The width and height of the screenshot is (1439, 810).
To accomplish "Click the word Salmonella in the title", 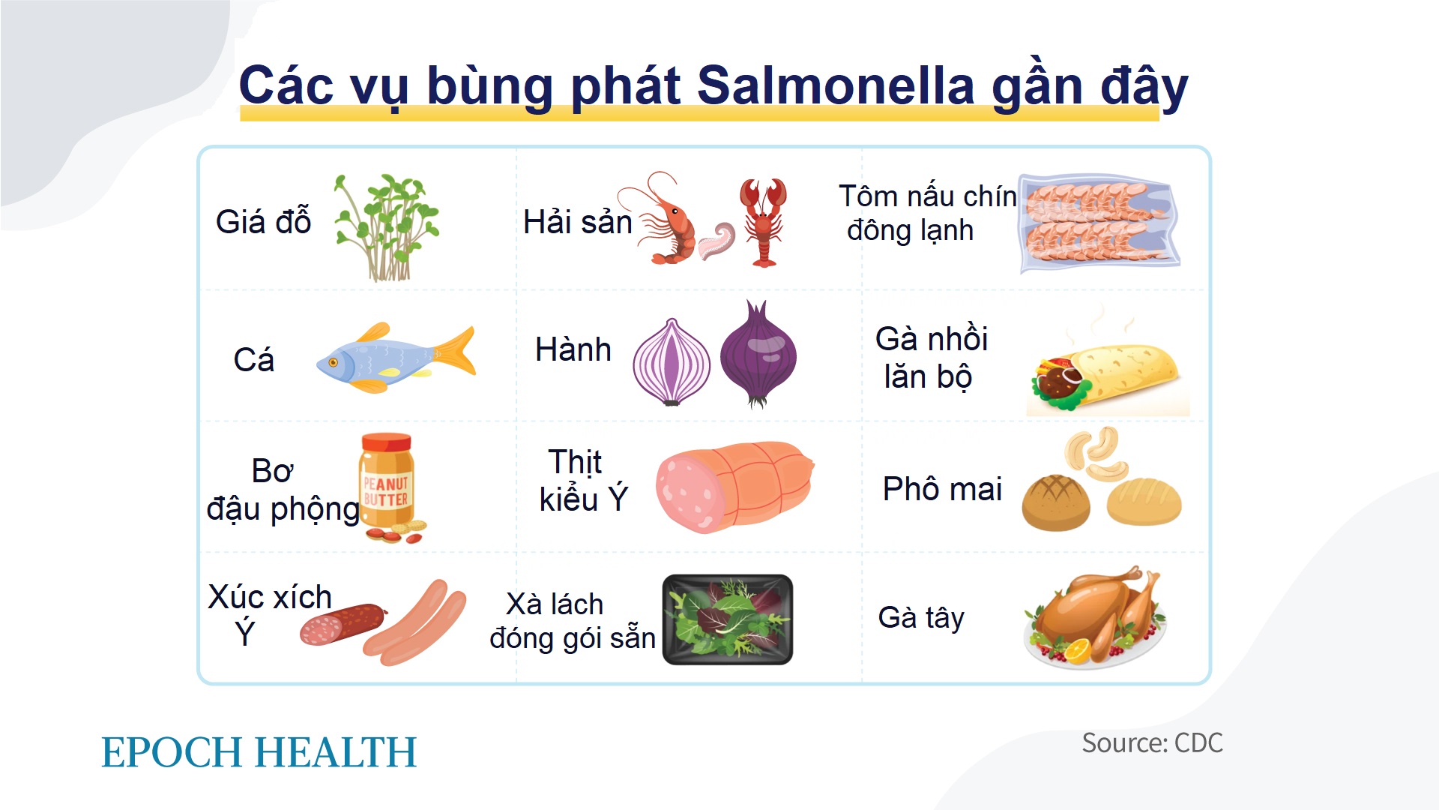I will click(835, 85).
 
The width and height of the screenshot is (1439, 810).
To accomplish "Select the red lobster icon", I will click(763, 222).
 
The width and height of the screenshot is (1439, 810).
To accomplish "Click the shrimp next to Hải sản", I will click(667, 225).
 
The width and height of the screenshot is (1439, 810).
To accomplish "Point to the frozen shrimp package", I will click(1099, 223).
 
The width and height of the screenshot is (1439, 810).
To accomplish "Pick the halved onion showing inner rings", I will click(671, 363).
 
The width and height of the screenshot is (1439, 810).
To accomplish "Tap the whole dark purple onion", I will click(758, 357).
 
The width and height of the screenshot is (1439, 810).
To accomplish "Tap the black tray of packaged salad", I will click(727, 619).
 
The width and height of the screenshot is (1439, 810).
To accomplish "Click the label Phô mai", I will click(942, 489).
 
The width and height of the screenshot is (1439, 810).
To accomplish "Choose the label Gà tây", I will click(920, 618).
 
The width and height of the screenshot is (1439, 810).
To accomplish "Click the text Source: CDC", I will click(1152, 743).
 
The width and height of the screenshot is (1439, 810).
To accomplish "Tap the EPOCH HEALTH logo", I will click(259, 752).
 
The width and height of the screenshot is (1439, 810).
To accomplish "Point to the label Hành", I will click(573, 350).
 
